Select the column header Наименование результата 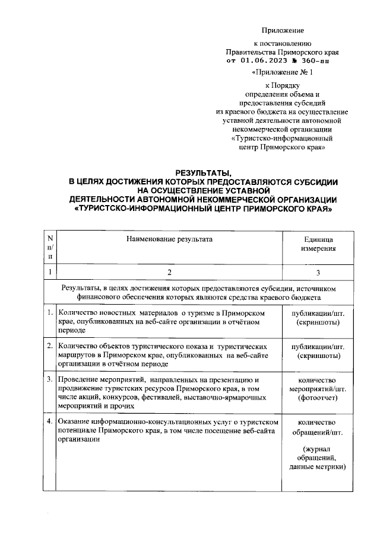pos(168,239)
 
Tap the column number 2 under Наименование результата pos(169,272)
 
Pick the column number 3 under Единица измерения pos(318,272)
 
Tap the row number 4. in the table pos(49,421)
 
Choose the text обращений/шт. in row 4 pos(318,433)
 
